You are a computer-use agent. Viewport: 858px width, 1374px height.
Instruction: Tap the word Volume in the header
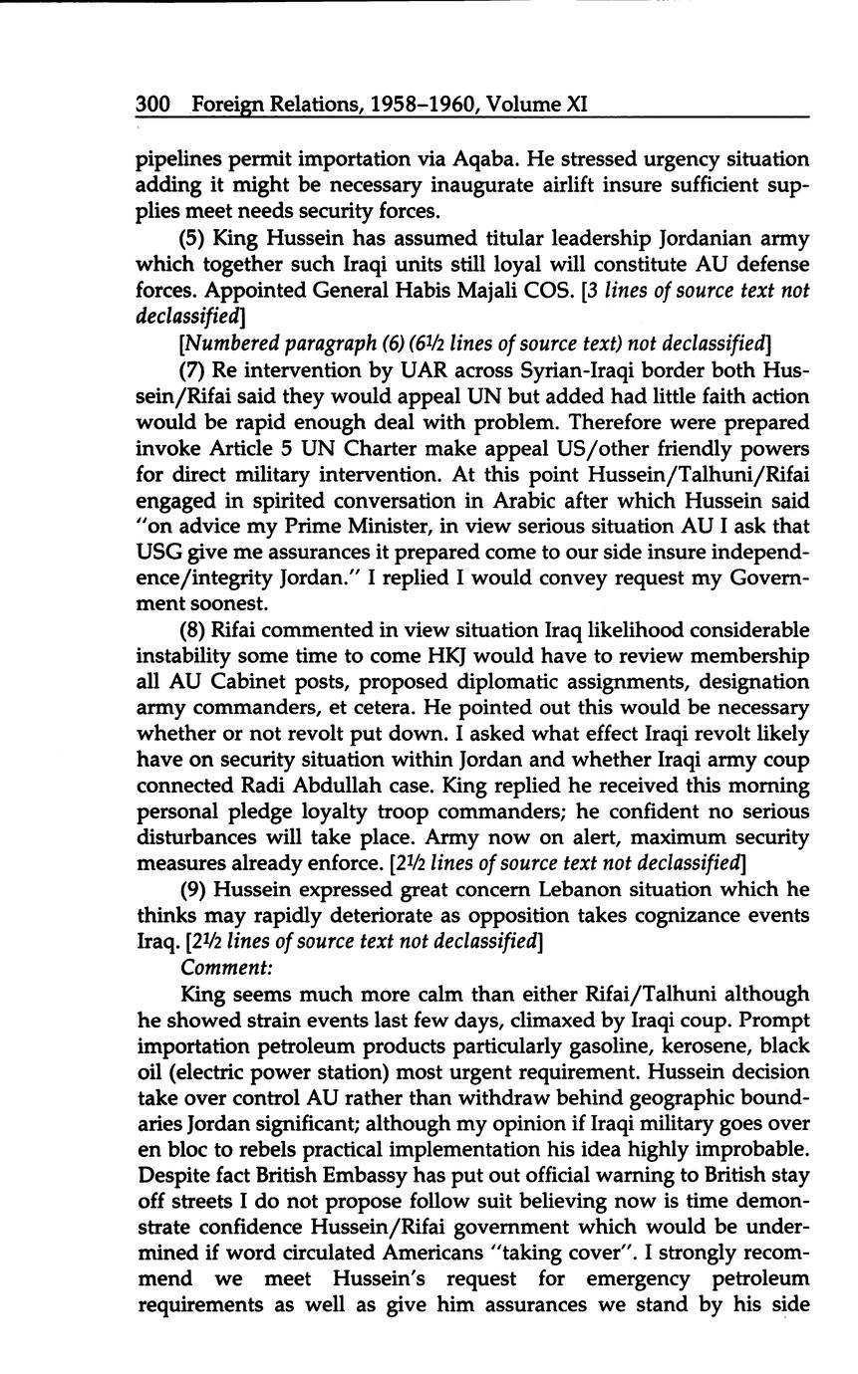(524, 104)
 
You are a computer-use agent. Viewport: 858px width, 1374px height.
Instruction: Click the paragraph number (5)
(194, 239)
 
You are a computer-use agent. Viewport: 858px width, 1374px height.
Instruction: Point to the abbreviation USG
(158, 552)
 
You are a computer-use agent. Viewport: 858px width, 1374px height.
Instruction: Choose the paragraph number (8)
(194, 630)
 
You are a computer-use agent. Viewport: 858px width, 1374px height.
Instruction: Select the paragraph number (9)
(194, 889)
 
